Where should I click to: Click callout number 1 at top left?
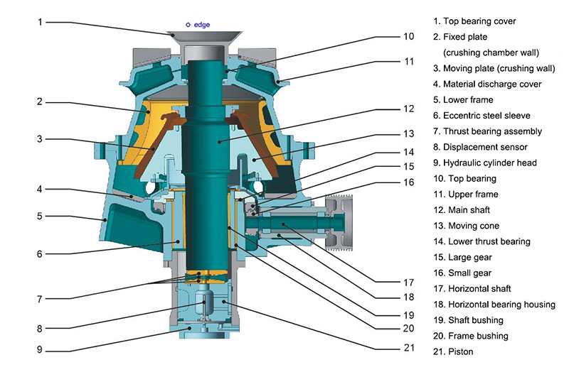pos(40,21)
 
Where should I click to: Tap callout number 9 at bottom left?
pos(40,349)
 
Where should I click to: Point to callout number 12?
pos(408,109)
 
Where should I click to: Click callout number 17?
pos(408,280)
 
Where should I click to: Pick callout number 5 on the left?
pos(40,216)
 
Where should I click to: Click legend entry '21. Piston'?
pos(457,351)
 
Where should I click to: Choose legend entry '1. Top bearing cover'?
pos(479,21)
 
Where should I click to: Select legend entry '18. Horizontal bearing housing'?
pos(499,304)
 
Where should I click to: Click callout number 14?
pos(408,151)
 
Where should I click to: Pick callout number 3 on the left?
pos(40,139)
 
